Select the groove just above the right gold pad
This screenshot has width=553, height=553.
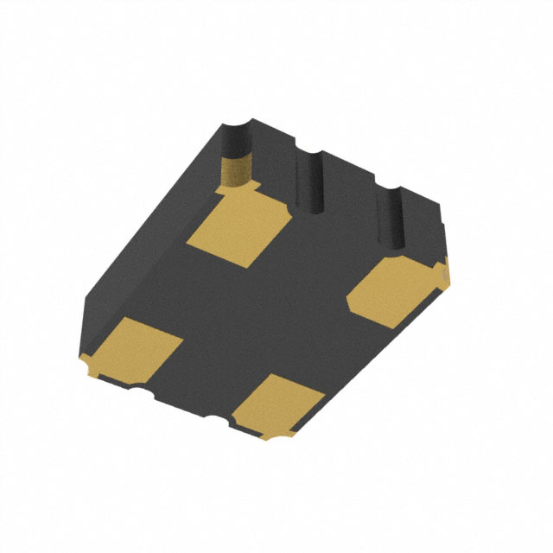click(x=394, y=220)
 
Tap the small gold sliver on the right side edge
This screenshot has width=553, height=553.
click(x=444, y=272)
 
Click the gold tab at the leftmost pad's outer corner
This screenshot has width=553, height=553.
click(x=88, y=367)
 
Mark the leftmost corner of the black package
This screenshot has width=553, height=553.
click(x=82, y=298)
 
